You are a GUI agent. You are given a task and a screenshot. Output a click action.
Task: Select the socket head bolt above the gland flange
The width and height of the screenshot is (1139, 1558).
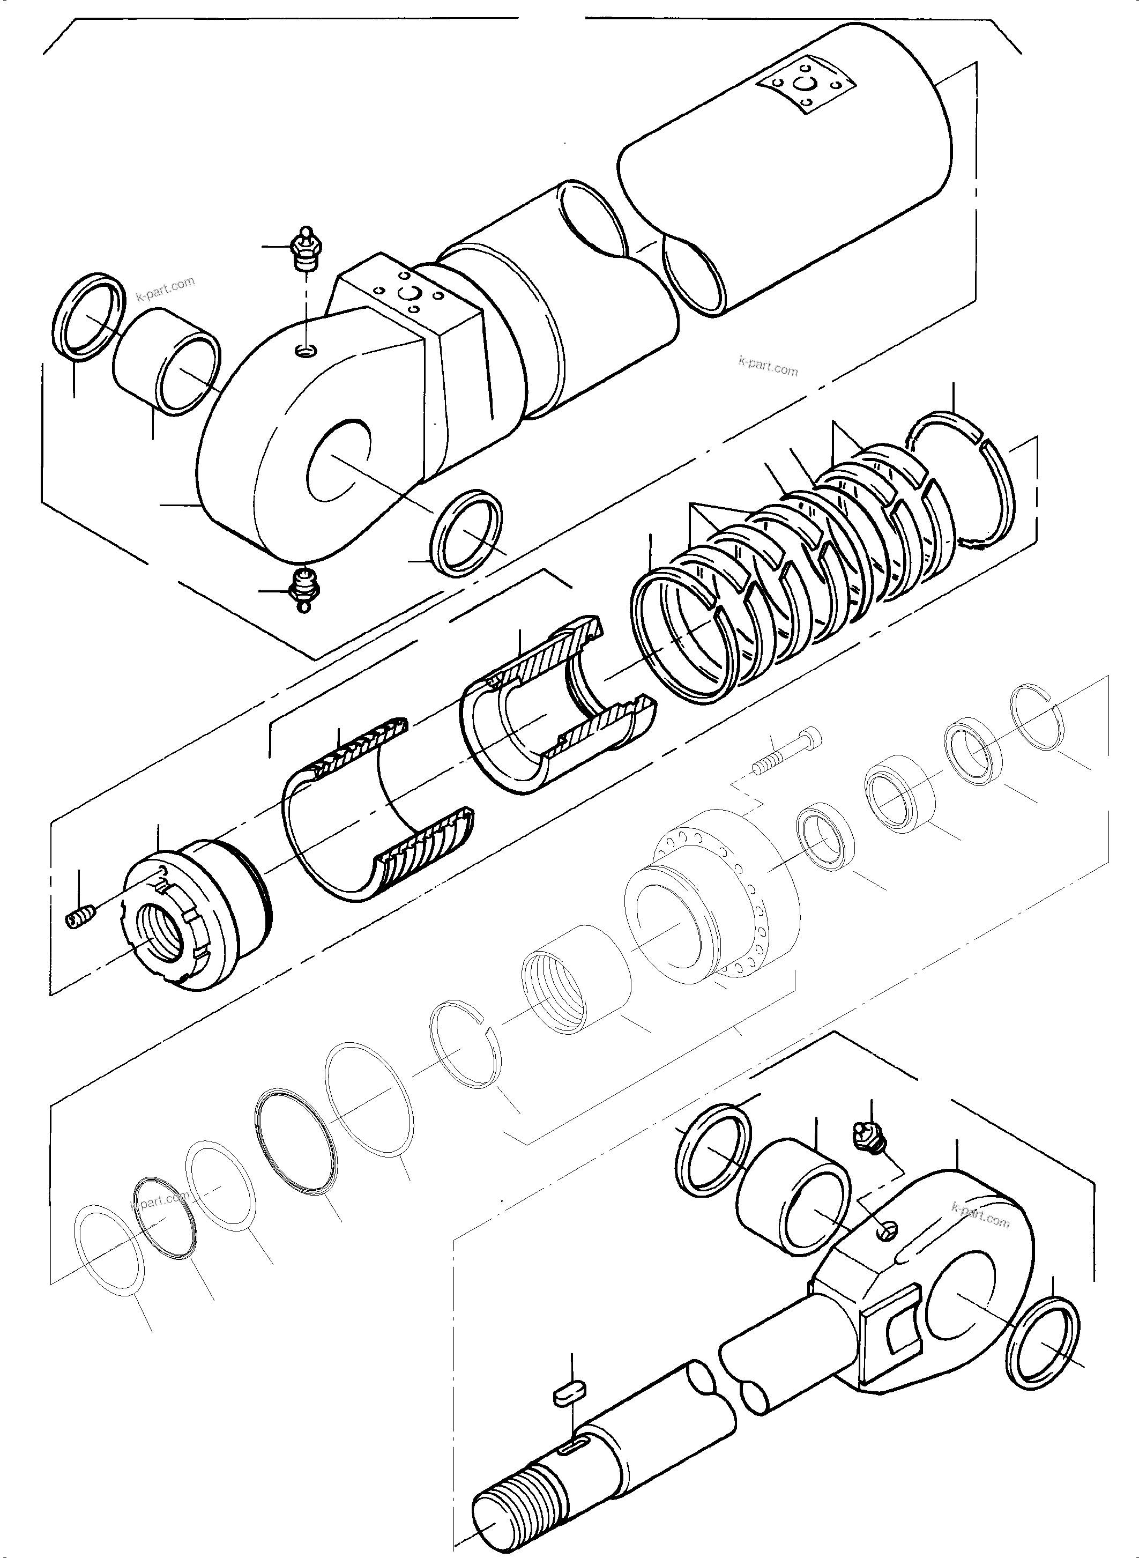786,751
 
